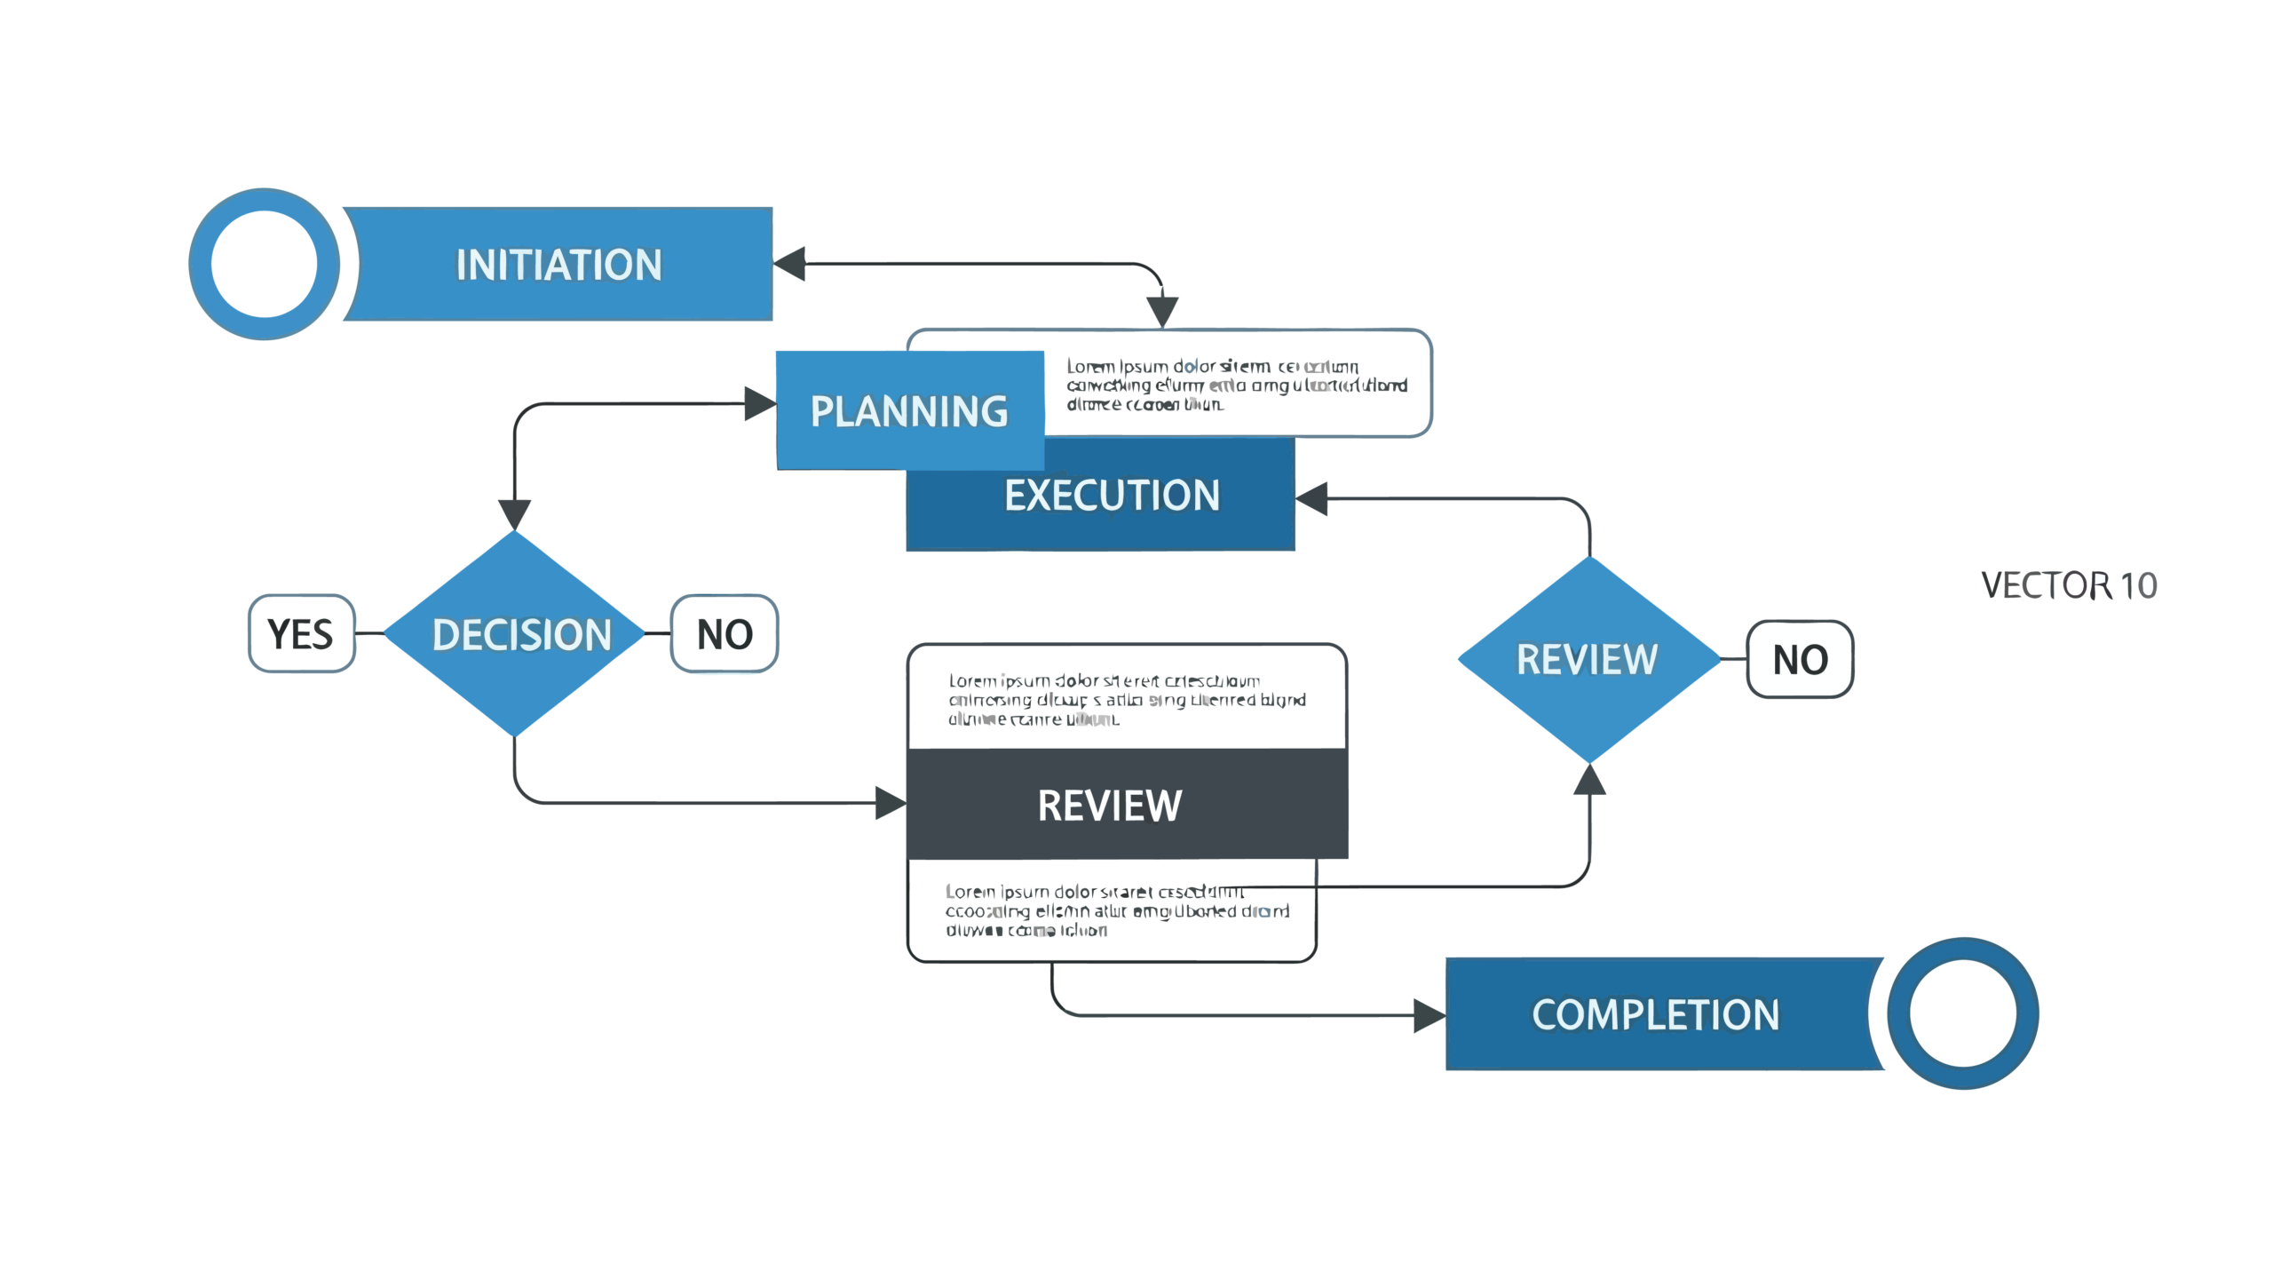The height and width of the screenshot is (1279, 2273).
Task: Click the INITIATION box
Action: pos(559,265)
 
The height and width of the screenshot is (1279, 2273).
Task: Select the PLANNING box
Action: pos(909,411)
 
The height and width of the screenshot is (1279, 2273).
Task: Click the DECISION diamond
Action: pos(515,634)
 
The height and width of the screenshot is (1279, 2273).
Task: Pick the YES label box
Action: pos(301,634)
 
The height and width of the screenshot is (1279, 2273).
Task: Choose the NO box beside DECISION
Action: pos(725,634)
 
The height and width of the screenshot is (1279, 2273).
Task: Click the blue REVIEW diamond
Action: pos(1588,659)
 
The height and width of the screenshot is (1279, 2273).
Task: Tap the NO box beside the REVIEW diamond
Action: pos(1800,660)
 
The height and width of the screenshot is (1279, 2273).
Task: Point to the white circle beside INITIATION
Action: pos(264,264)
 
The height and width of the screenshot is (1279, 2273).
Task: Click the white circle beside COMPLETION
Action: pos(1962,1013)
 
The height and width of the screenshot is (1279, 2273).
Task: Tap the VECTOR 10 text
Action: pos(2068,585)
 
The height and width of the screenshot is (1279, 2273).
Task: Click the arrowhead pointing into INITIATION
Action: pos(789,264)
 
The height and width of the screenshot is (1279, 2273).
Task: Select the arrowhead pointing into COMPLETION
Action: pos(1429,1015)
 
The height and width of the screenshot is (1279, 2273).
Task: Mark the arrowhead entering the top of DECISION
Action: pos(514,513)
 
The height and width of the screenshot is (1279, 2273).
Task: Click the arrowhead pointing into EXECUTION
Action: pos(1312,498)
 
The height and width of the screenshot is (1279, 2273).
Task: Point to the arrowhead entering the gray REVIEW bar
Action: pos(890,803)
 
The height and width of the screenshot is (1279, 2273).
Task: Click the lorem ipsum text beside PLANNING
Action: pos(1236,385)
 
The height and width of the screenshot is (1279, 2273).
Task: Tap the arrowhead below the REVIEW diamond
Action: pos(1589,779)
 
